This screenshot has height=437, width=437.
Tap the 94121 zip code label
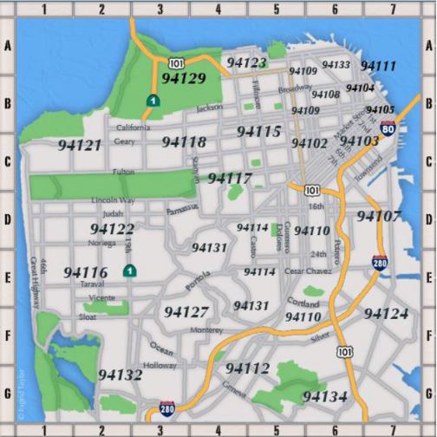(80, 145)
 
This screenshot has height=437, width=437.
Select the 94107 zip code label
(379, 216)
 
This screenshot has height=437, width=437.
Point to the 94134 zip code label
(325, 396)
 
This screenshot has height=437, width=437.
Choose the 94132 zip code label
(120, 375)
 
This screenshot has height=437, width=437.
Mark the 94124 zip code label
(386, 313)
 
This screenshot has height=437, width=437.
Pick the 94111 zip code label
(378, 66)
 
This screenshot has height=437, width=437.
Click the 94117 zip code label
(231, 179)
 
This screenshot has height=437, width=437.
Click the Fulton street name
(123, 172)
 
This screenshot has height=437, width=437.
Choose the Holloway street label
(160, 365)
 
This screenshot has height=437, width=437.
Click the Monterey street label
(206, 329)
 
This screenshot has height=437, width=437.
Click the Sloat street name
(88, 317)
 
